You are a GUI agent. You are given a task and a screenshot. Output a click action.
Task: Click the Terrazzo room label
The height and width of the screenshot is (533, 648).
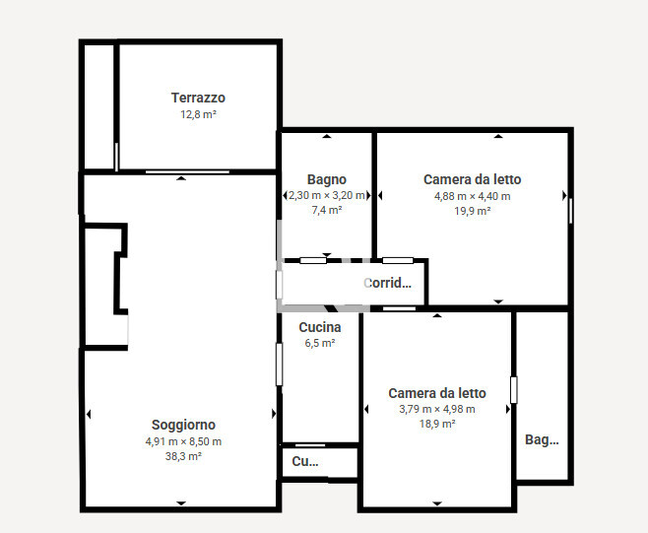[x=198, y=98]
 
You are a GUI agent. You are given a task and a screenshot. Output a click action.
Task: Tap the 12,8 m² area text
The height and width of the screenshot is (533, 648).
[x=198, y=114]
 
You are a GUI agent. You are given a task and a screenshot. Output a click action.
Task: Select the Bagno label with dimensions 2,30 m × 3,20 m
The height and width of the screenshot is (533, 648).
[x=327, y=180]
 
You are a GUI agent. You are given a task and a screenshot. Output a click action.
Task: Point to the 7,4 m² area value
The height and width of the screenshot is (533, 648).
[x=327, y=210]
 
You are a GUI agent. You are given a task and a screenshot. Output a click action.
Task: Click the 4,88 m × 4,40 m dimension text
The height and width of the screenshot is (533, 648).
[x=473, y=196]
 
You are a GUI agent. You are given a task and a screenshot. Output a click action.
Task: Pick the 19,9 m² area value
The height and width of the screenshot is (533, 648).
[x=473, y=211]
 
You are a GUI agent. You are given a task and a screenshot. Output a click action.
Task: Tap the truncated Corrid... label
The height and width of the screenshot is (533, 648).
[x=387, y=283]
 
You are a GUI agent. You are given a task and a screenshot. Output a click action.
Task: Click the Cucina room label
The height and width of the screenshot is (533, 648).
[x=320, y=327]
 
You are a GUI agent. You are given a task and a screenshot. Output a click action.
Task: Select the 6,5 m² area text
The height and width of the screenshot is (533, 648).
[x=320, y=343]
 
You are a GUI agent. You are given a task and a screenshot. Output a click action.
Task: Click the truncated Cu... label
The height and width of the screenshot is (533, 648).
[x=305, y=461]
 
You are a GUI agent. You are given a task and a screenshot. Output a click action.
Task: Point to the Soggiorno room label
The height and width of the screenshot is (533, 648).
[x=183, y=425]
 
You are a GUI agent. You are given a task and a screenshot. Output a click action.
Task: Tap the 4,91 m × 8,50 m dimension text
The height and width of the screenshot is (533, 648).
[x=183, y=441]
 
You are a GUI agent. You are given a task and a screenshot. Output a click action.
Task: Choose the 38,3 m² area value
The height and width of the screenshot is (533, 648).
[x=183, y=456]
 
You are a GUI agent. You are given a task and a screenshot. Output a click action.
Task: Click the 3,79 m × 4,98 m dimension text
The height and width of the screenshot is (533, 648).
[x=437, y=409]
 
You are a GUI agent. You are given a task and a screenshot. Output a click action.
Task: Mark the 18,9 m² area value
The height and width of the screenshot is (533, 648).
[x=437, y=424]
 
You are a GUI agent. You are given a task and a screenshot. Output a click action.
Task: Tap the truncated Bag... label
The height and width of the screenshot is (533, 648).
[x=542, y=439]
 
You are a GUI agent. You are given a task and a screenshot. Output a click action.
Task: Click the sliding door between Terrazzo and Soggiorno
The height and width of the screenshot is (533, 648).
[x=187, y=171]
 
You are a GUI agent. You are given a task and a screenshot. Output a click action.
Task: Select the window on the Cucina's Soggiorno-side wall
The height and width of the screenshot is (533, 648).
[x=280, y=365]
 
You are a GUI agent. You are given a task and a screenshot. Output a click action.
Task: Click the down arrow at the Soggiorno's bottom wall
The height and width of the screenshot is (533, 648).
[x=181, y=503]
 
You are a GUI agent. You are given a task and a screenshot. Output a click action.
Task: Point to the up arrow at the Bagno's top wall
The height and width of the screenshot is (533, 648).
[x=327, y=136]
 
